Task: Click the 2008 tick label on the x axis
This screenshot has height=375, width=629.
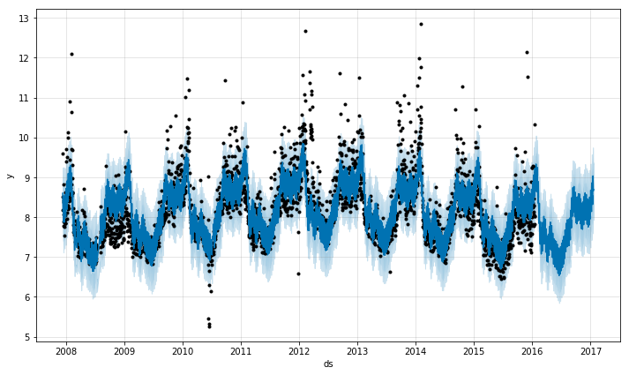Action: [66, 350]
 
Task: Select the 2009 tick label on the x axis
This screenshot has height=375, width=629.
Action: [124, 350]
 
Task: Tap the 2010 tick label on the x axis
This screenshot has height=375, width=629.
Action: [183, 350]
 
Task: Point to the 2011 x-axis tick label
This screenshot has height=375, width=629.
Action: [241, 350]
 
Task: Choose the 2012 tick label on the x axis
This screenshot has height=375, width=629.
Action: [299, 350]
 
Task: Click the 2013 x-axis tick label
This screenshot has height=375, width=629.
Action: [357, 350]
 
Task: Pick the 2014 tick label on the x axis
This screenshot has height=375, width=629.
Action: [416, 350]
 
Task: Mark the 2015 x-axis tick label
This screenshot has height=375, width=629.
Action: [474, 350]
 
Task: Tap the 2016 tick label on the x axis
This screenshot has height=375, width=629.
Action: [532, 350]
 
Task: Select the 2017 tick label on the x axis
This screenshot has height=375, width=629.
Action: [591, 350]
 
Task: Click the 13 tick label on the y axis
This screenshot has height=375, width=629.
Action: [26, 19]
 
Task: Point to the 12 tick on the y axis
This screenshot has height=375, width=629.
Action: [26, 58]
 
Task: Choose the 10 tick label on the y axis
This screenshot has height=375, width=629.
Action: [26, 138]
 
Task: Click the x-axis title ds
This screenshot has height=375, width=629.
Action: [328, 364]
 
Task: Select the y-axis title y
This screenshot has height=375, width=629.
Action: [10, 176]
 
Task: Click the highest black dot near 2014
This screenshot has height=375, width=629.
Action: [421, 24]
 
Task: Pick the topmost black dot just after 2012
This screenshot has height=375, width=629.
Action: [305, 31]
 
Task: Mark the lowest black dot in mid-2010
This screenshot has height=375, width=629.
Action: [209, 326]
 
